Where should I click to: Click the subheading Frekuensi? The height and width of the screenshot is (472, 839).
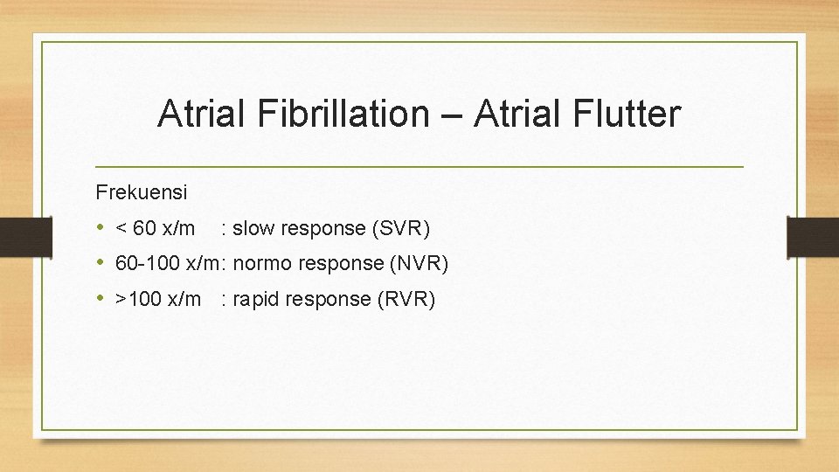click(x=141, y=191)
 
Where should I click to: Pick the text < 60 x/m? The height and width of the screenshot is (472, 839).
click(x=156, y=229)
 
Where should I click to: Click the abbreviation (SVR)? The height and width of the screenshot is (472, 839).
click(x=401, y=229)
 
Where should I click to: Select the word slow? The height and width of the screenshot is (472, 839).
click(x=253, y=229)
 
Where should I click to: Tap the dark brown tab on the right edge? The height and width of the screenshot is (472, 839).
click(x=813, y=236)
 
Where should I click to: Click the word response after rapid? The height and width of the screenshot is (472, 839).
click(x=330, y=299)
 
